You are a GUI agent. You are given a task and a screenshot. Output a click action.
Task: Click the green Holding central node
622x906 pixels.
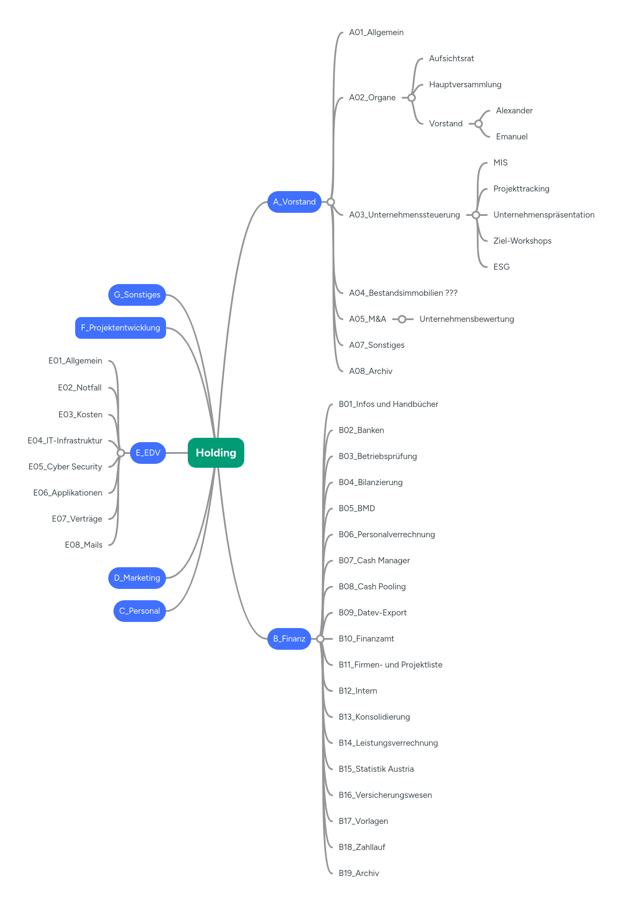coord(216,453)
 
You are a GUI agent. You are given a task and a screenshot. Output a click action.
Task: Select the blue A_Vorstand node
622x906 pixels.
coord(294,202)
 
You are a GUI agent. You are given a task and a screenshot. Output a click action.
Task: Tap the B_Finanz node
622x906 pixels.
coord(289,639)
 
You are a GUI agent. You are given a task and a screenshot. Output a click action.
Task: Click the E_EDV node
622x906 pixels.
coord(148,453)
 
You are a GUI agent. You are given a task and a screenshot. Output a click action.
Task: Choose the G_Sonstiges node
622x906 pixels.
coord(137,295)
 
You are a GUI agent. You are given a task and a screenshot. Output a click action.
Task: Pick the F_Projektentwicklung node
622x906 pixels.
coord(120,328)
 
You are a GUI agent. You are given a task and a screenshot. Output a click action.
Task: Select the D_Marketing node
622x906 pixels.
coord(137,578)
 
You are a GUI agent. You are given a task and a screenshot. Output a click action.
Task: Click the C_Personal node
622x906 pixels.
coord(140,611)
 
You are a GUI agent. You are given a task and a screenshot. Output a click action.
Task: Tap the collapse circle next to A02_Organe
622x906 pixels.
coord(412,98)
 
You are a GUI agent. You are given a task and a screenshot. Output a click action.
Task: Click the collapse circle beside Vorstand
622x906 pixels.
coord(479,124)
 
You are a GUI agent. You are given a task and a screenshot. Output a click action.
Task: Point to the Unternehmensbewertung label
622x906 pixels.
coord(466,319)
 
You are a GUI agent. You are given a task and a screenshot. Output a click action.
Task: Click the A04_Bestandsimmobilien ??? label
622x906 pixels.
coord(403,293)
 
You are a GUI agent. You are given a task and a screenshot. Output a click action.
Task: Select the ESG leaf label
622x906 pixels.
coord(501,267)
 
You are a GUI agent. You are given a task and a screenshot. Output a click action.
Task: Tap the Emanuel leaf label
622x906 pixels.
coord(512,137)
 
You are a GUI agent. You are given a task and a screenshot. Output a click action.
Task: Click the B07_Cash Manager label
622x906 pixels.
coord(374,561)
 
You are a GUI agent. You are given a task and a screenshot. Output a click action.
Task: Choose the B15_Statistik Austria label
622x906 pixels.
coord(376,769)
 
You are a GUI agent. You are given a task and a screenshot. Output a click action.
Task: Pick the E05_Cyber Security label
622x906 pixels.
coord(65,467)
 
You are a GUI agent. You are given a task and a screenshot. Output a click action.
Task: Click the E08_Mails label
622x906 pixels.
coord(83,545)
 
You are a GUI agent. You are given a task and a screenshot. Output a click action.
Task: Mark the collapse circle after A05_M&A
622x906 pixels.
coord(402,319)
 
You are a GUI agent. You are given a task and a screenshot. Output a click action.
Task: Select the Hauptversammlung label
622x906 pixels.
coord(465,85)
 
